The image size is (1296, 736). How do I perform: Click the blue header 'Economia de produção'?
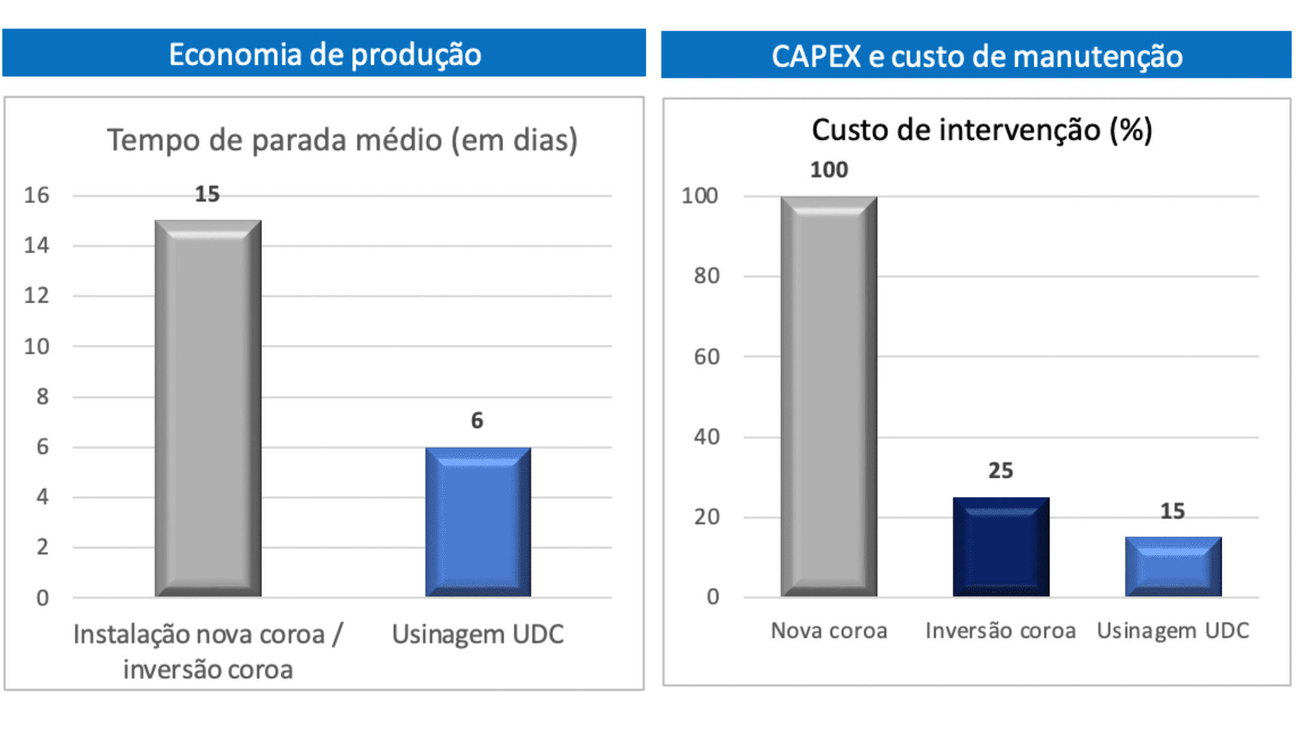pos(324,54)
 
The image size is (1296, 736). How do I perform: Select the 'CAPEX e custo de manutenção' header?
pos(976,56)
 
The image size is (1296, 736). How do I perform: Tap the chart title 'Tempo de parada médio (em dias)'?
pos(342,140)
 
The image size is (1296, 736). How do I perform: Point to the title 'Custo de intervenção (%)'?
pos(981,129)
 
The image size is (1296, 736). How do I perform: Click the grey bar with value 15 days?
pos(208,409)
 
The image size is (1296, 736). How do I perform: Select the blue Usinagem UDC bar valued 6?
pos(477,522)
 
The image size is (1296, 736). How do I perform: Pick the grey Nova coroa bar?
pos(828,397)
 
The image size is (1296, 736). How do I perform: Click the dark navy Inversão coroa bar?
pos(1000,547)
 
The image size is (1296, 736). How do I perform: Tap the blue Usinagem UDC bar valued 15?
pos(1173,566)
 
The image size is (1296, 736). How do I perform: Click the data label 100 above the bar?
pos(829,170)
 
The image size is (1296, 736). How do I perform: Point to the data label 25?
pos(1000,470)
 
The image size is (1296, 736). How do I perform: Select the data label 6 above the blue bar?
pos(477,420)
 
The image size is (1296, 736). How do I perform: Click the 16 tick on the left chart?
pos(37,196)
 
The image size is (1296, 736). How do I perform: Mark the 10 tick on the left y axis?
pos(37,347)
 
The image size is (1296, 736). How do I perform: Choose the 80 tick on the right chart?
pos(706,276)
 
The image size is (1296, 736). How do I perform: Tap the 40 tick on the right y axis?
pos(706,437)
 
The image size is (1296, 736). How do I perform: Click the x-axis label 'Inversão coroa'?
pos(1000,631)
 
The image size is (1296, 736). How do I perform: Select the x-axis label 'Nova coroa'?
pos(828,631)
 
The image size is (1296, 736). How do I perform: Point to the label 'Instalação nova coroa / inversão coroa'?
pos(208,651)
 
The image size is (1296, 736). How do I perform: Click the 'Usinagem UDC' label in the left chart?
pos(477,634)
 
